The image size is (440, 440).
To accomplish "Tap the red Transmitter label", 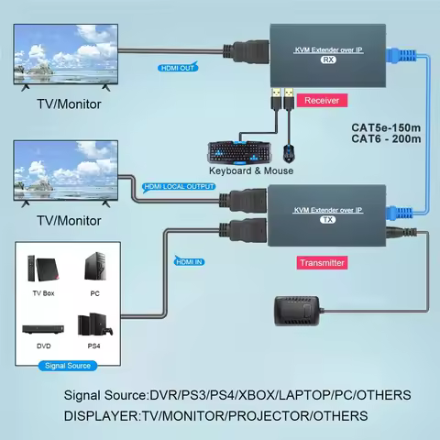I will pos(322,263).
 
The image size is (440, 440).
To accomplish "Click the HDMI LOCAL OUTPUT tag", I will pos(181,187).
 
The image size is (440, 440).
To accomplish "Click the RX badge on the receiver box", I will pos(327,60).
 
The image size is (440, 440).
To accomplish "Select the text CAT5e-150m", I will pos(386,127).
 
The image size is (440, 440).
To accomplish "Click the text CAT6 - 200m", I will pos(386,139).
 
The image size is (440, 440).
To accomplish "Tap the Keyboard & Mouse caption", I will pos(250,170).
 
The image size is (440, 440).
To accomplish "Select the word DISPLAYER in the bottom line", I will pos(100,415).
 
